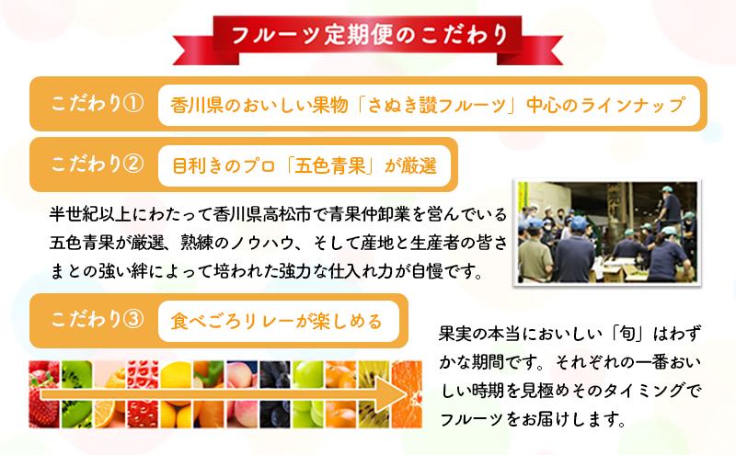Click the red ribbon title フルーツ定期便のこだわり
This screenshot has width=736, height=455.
pos(370,35)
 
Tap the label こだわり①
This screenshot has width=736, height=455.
pos(98,104)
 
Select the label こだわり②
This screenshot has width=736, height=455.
pos(98,165)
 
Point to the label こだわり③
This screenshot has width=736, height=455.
pos(98,320)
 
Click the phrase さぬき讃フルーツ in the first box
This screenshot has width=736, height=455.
pos(436,105)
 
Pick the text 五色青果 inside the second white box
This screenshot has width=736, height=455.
pos(330,166)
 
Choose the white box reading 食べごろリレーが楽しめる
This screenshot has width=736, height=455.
pos(279,322)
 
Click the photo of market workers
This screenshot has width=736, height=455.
pos(607,233)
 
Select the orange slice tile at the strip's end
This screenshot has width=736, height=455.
pos(407,394)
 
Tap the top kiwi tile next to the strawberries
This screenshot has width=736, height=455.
pos(76,374)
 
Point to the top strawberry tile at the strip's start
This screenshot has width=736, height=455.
pos(44,374)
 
